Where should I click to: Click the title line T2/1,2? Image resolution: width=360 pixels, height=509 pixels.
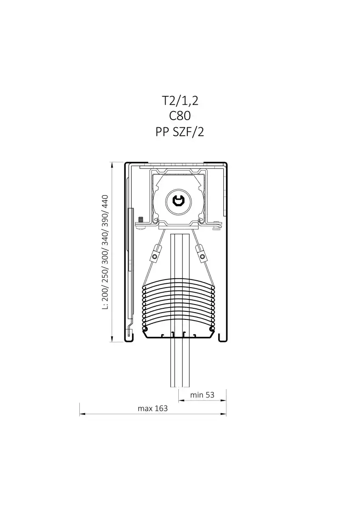click(180, 101)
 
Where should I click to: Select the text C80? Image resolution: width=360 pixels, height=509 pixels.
click(180, 116)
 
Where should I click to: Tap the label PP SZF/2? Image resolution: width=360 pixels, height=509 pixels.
click(180, 132)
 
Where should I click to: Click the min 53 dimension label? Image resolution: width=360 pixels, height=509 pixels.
click(202, 395)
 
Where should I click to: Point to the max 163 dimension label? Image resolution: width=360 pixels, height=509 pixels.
click(152, 408)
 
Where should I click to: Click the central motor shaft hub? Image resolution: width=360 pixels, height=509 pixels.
click(179, 201)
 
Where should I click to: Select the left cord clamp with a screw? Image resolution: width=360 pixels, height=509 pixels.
click(155, 254)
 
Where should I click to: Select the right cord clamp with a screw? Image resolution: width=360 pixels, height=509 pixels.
click(202, 254)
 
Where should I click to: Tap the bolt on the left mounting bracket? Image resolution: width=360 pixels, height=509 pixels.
click(141, 220)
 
